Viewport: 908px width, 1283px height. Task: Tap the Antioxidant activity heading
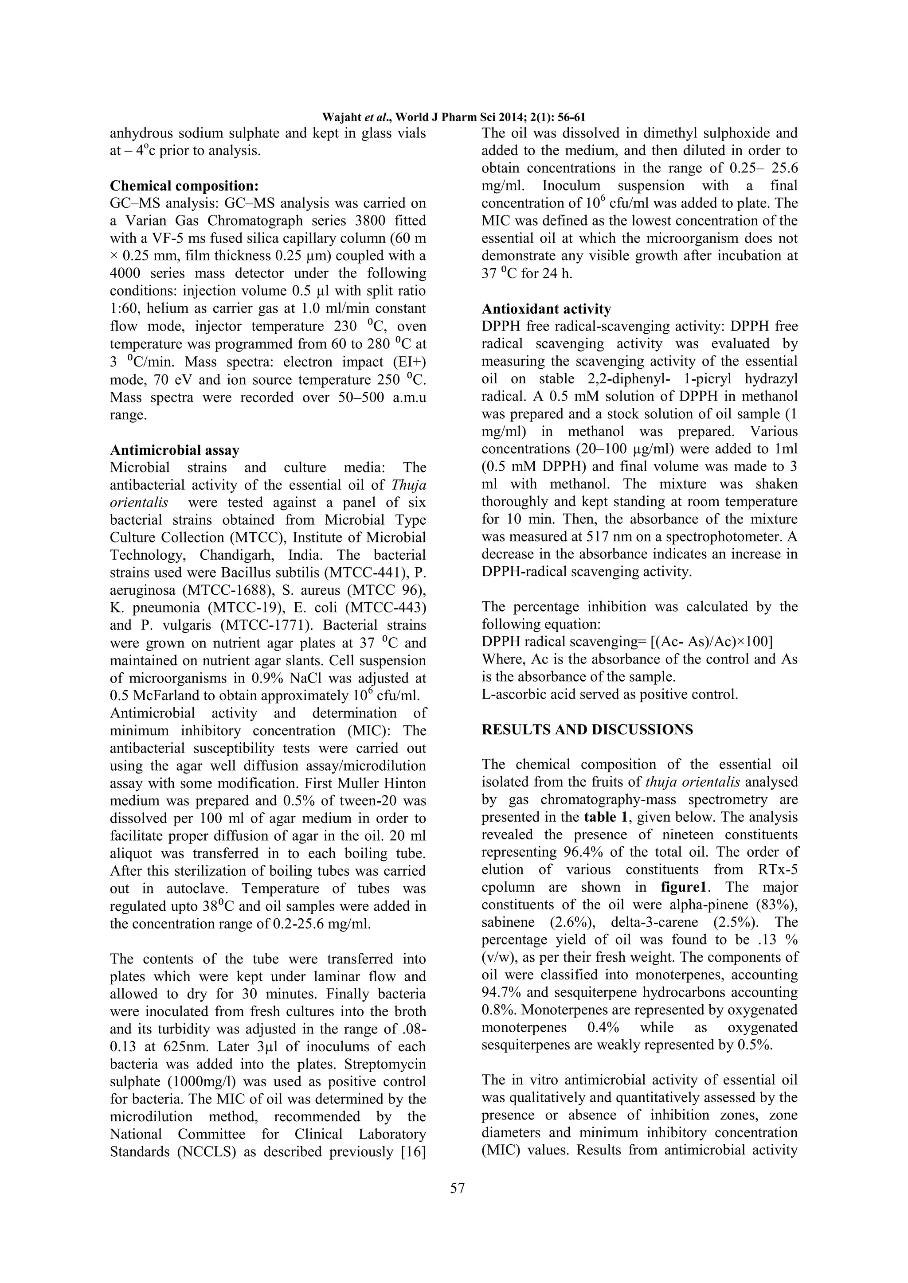point(546,309)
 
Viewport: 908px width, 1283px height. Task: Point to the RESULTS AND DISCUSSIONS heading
point(587,730)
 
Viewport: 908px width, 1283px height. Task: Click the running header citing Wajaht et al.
point(454,117)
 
